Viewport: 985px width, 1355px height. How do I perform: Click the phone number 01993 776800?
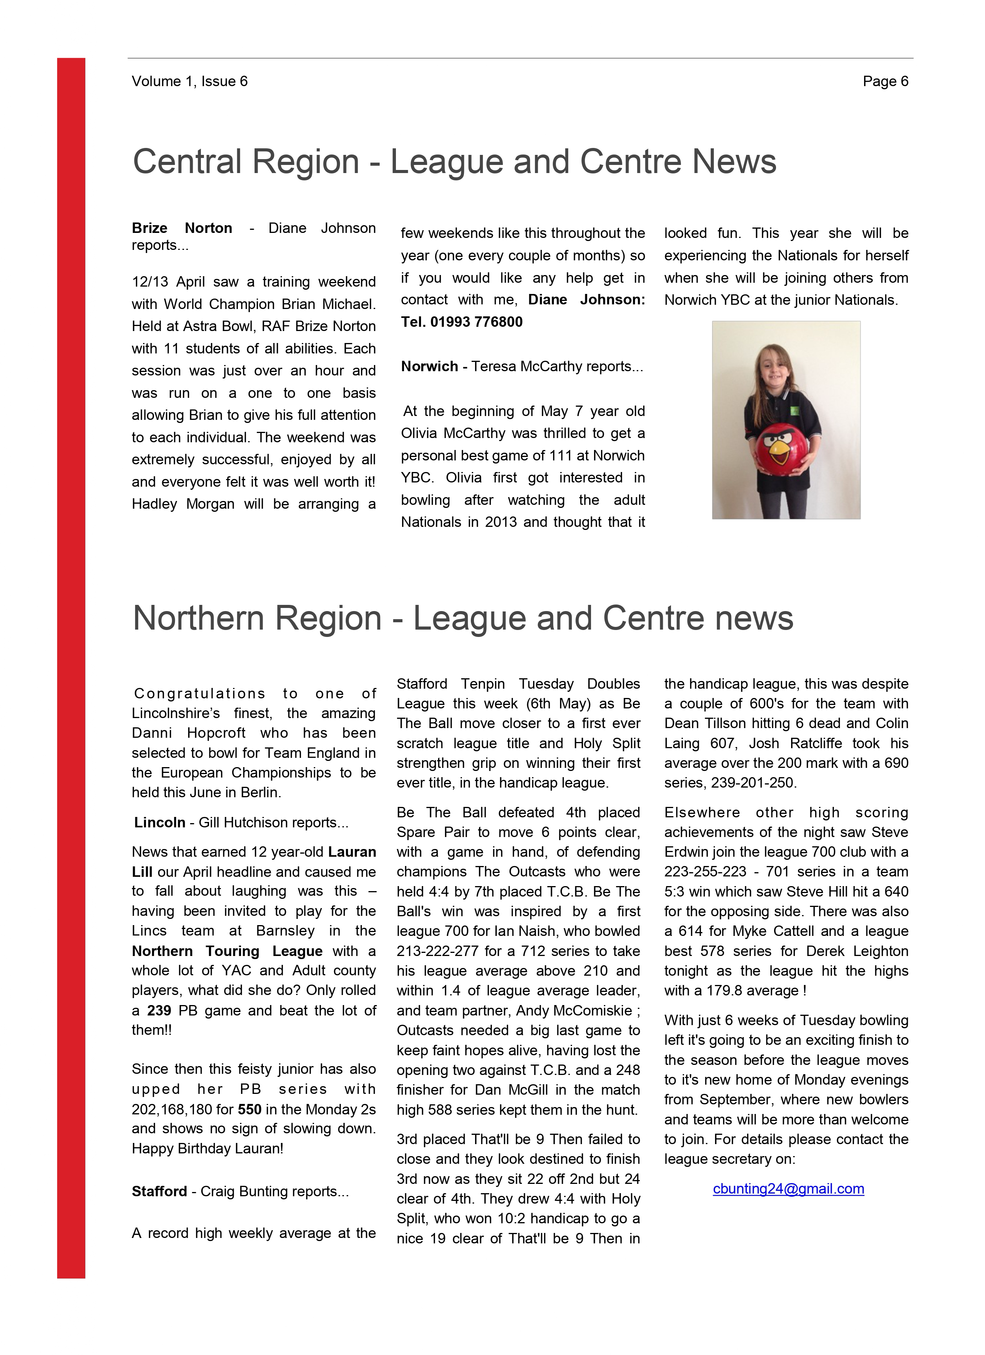point(476,322)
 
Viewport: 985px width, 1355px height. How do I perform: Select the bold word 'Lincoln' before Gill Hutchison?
point(160,823)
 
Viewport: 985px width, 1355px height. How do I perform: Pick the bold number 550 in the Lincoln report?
point(249,1109)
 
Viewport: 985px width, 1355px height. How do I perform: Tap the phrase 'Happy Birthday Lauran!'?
point(207,1149)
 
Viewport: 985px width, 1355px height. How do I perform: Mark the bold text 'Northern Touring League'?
point(227,951)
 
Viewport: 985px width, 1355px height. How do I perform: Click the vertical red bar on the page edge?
point(71,657)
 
